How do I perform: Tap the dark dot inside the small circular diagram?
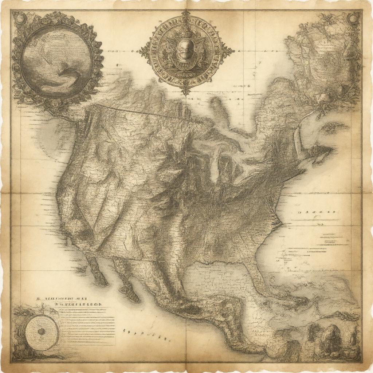click(42, 331)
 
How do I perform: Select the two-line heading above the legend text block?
click(69, 301)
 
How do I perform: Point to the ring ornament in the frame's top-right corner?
click(353, 17)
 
